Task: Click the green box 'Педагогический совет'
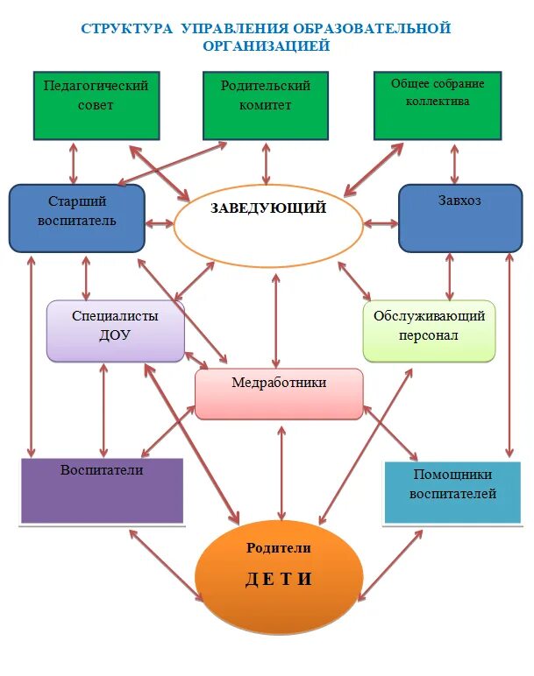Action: click(x=96, y=105)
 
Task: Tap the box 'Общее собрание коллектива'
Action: click(x=438, y=105)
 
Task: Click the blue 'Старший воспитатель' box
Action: click(x=76, y=218)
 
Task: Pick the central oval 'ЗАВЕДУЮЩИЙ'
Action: click(x=268, y=226)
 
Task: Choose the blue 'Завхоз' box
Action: click(x=459, y=218)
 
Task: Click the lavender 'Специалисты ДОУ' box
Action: click(x=115, y=331)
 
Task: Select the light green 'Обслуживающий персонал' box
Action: click(x=429, y=331)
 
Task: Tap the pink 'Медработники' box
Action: click(x=279, y=393)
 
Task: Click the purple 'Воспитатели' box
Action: click(x=102, y=490)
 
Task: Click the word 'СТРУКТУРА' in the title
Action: click(x=127, y=28)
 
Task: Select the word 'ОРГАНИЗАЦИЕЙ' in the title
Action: click(x=267, y=46)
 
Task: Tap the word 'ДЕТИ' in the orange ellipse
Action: click(x=278, y=581)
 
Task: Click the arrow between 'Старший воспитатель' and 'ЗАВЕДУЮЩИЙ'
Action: click(x=160, y=223)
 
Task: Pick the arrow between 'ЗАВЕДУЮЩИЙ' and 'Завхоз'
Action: click(x=381, y=223)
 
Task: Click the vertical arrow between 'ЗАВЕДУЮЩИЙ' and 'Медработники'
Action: click(x=276, y=320)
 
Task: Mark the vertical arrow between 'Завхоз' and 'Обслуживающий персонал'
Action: click(x=450, y=277)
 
